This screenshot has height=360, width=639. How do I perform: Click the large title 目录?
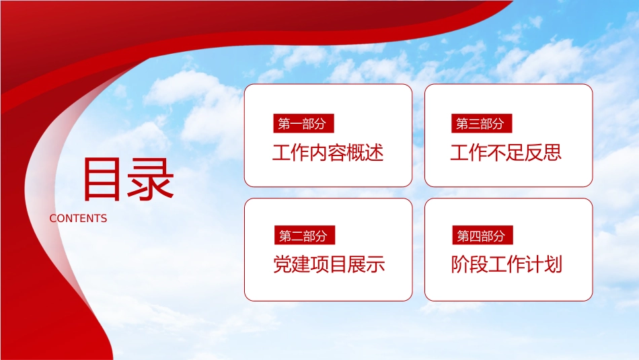[128, 180]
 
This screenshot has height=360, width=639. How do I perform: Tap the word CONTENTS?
[78, 219]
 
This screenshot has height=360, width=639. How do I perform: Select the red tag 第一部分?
[303, 123]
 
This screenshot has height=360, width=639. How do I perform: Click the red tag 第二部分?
[305, 236]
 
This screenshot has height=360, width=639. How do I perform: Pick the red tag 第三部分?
[482, 123]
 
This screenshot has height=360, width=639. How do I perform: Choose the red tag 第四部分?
[482, 236]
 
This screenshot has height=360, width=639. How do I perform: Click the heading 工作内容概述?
[328, 153]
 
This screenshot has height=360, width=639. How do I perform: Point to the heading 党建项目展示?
[330, 264]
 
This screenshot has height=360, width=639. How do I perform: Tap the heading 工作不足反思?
[506, 153]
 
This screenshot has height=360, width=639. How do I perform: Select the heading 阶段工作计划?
[507, 264]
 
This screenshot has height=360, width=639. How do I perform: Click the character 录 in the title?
[151, 180]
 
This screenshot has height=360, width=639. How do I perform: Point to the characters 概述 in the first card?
[365, 153]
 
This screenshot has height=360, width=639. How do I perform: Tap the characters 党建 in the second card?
[292, 264]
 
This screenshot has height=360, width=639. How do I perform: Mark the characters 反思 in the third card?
[543, 153]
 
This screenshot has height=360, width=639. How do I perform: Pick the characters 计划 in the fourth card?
[544, 264]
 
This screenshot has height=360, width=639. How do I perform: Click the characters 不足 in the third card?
[506, 153]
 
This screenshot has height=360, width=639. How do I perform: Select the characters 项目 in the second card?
[330, 264]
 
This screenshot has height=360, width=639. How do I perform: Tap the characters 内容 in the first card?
[328, 153]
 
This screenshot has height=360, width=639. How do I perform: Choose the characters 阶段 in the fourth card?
[469, 264]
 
